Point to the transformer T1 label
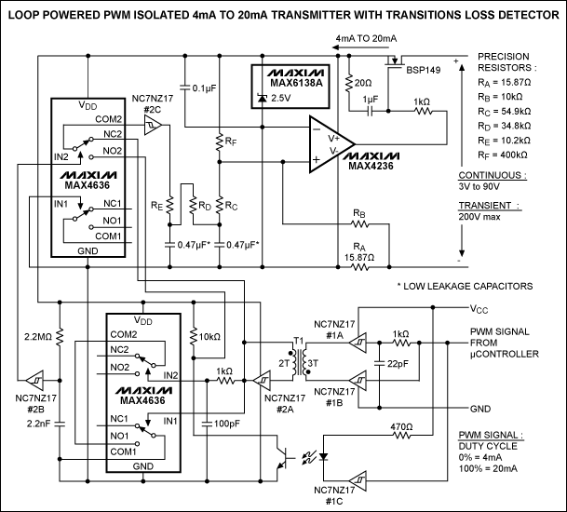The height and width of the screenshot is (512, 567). pos(299,340)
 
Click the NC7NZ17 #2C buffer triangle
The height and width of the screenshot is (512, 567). pos(155,125)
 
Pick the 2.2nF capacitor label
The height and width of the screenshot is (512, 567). pos(37,424)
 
